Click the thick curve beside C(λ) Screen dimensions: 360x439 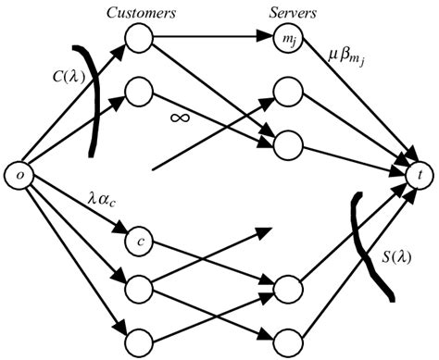94,88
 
